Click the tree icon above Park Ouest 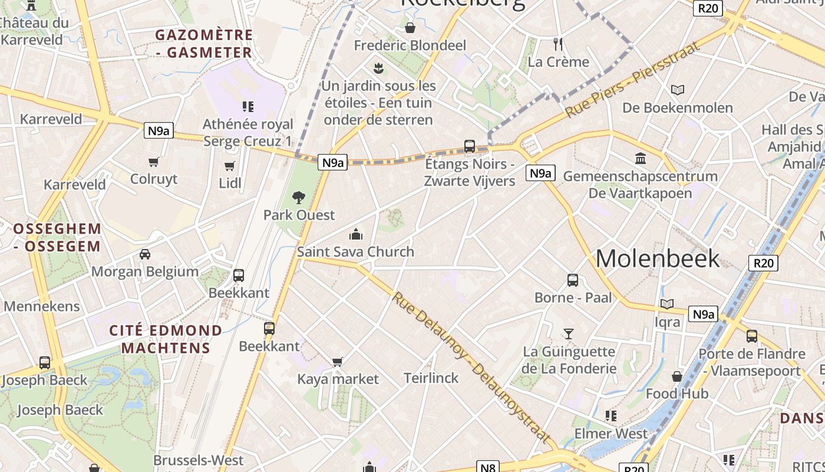pyautogui.click(x=299, y=198)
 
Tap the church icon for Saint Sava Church pyautogui.click(x=355, y=235)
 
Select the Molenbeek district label pyautogui.click(x=658, y=258)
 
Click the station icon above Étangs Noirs pyautogui.click(x=470, y=146)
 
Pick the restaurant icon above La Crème pyautogui.click(x=558, y=44)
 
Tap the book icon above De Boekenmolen pyautogui.click(x=678, y=90)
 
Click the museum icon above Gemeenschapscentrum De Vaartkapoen pyautogui.click(x=641, y=158)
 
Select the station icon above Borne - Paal pyautogui.click(x=573, y=280)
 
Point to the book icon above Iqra pyautogui.click(x=667, y=304)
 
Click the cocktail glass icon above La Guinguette pyautogui.click(x=569, y=334)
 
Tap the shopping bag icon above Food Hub pyautogui.click(x=677, y=376)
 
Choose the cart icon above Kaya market pyautogui.click(x=337, y=362)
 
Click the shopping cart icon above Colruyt pyautogui.click(x=154, y=162)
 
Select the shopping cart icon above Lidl pyautogui.click(x=230, y=166)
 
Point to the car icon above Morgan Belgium pyautogui.click(x=145, y=254)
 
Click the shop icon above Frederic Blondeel pyautogui.click(x=410, y=28)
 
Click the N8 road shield pyautogui.click(x=488, y=467)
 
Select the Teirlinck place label pyautogui.click(x=431, y=378)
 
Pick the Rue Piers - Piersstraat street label pyautogui.click(x=633, y=79)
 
